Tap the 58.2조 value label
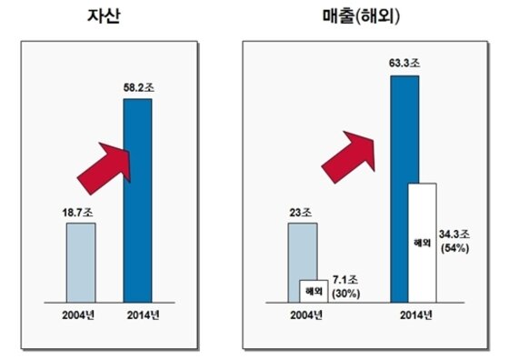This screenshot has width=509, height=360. pyautogui.click(x=137, y=87)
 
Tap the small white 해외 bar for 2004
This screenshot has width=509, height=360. pyautogui.click(x=314, y=291)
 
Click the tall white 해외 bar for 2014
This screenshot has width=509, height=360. pyautogui.click(x=422, y=243)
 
